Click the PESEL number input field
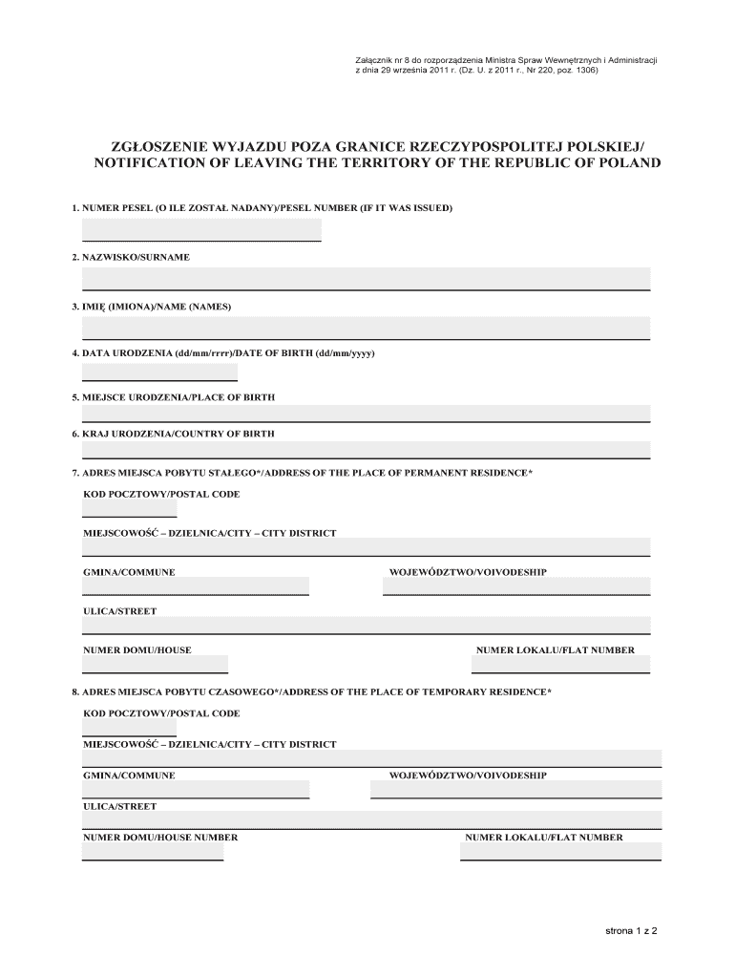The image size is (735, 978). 201,229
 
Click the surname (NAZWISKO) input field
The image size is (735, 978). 366,278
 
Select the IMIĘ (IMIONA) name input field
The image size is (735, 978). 366,328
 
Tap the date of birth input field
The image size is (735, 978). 159,371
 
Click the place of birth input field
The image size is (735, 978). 366,413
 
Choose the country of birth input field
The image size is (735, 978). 366,450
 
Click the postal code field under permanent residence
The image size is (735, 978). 129,508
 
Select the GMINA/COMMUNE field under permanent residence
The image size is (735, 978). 196,585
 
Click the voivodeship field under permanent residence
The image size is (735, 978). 516,585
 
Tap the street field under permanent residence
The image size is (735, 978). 366,625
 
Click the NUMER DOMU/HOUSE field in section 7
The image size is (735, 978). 155,664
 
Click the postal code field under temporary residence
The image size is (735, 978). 129,729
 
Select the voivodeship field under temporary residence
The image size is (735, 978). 515,789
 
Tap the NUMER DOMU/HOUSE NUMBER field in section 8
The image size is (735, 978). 153,852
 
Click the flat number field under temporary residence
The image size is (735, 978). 560,852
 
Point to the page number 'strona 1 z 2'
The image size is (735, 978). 632,929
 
